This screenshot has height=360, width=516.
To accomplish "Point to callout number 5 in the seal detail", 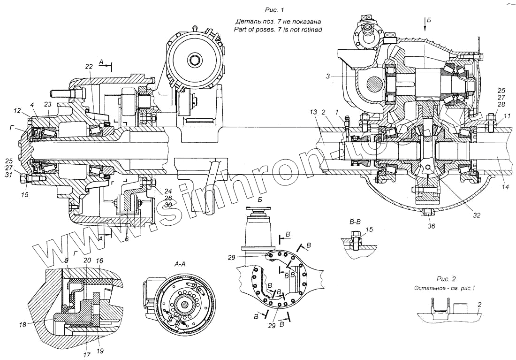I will point(66,261).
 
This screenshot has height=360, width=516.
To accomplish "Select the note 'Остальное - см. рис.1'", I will point(444,288).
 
